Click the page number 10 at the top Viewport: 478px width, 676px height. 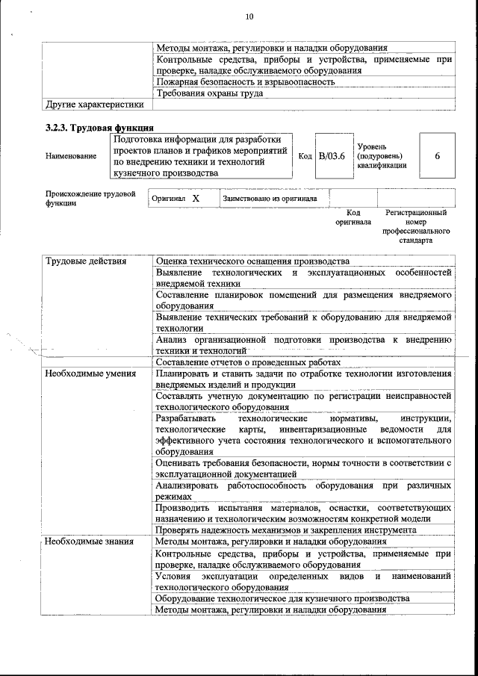click(249, 17)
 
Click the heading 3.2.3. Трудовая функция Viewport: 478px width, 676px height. click(100, 128)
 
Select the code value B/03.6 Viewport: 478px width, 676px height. click(331, 155)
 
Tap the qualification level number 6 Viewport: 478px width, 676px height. click(437, 155)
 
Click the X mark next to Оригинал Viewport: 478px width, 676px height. click(196, 199)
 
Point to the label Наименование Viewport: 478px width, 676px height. click(71, 156)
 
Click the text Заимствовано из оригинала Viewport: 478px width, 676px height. click(270, 199)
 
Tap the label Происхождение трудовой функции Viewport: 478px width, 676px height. click(90, 198)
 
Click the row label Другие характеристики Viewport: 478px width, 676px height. click(94, 105)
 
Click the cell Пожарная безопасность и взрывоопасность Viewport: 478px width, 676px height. click(245, 82)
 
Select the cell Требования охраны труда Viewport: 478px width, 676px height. click(209, 93)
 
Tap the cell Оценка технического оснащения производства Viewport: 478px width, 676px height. click(252, 261)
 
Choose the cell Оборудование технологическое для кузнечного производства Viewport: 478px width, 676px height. click(282, 599)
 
